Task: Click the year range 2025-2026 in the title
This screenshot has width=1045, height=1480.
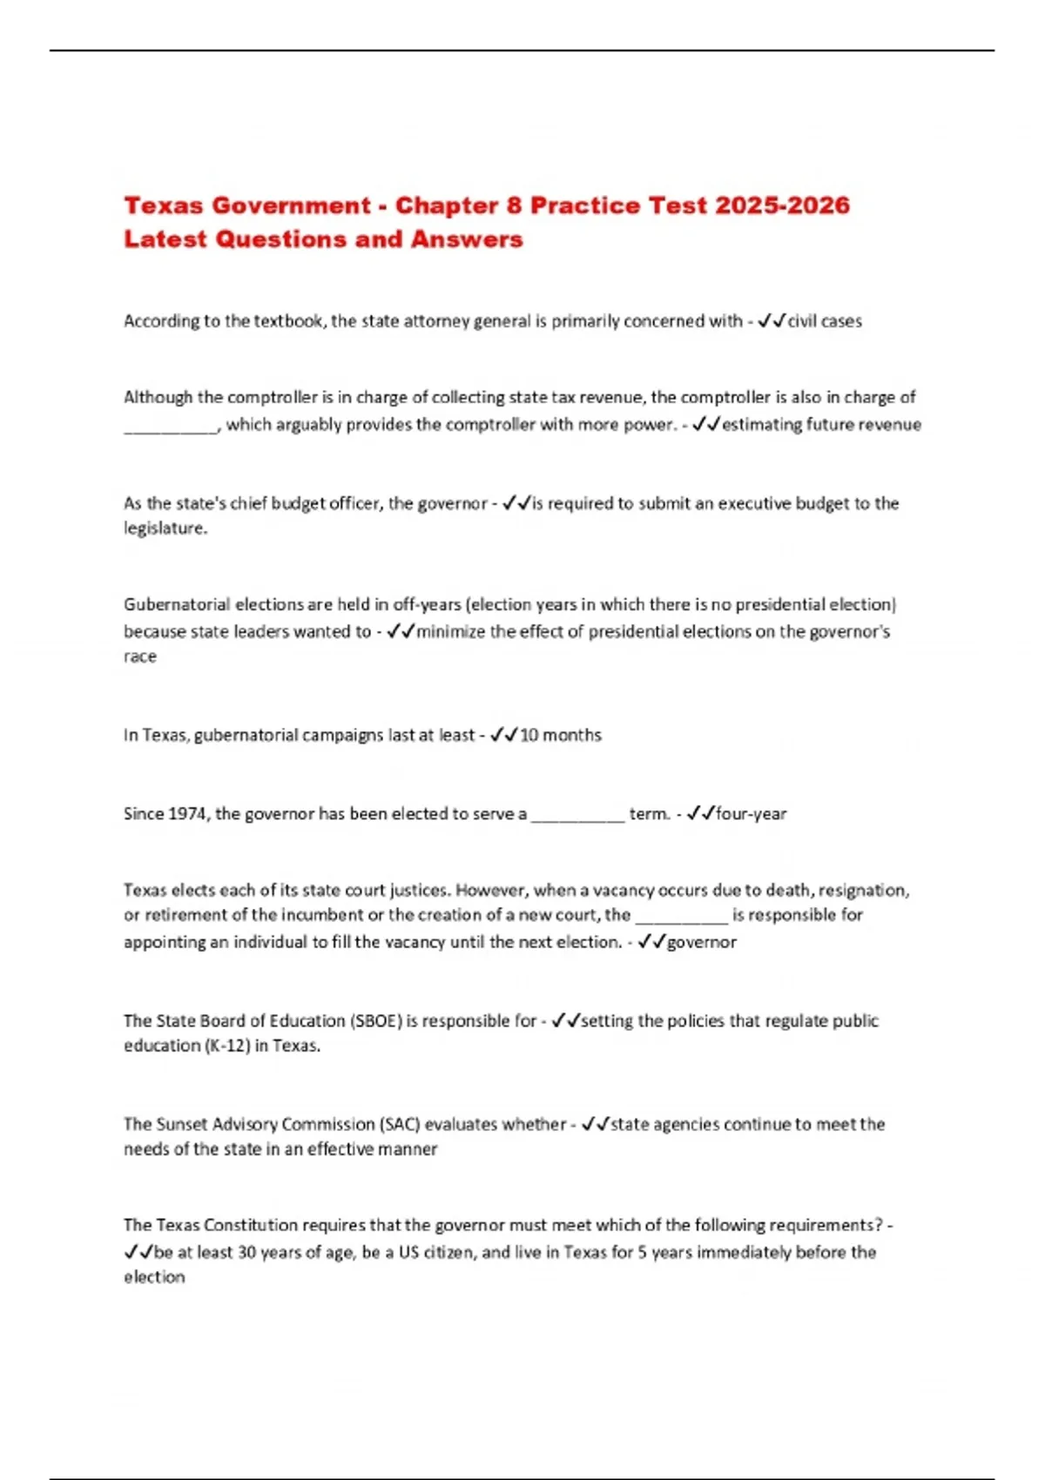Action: tap(782, 205)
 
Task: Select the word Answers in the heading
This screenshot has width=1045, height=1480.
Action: tap(467, 239)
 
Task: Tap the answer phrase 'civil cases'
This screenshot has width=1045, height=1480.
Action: tap(825, 321)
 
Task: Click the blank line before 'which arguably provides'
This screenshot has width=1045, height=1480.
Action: tap(171, 427)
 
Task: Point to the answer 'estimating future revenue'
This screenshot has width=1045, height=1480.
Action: tap(821, 425)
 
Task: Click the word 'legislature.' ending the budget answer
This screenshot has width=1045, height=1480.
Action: tap(165, 528)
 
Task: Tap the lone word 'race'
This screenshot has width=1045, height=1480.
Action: tap(140, 656)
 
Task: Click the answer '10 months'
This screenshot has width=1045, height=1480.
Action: tap(560, 736)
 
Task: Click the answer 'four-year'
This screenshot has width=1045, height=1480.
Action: tap(751, 814)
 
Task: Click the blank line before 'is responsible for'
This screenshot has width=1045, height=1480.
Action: tap(681, 918)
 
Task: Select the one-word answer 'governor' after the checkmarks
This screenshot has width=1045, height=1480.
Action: tap(701, 942)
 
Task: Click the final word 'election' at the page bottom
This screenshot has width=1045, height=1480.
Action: tap(154, 1277)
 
